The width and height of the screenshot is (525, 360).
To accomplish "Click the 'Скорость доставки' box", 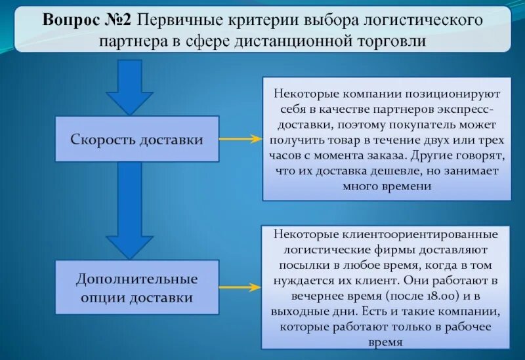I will click(136, 139).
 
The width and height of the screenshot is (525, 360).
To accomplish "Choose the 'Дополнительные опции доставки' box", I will click(136, 288).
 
